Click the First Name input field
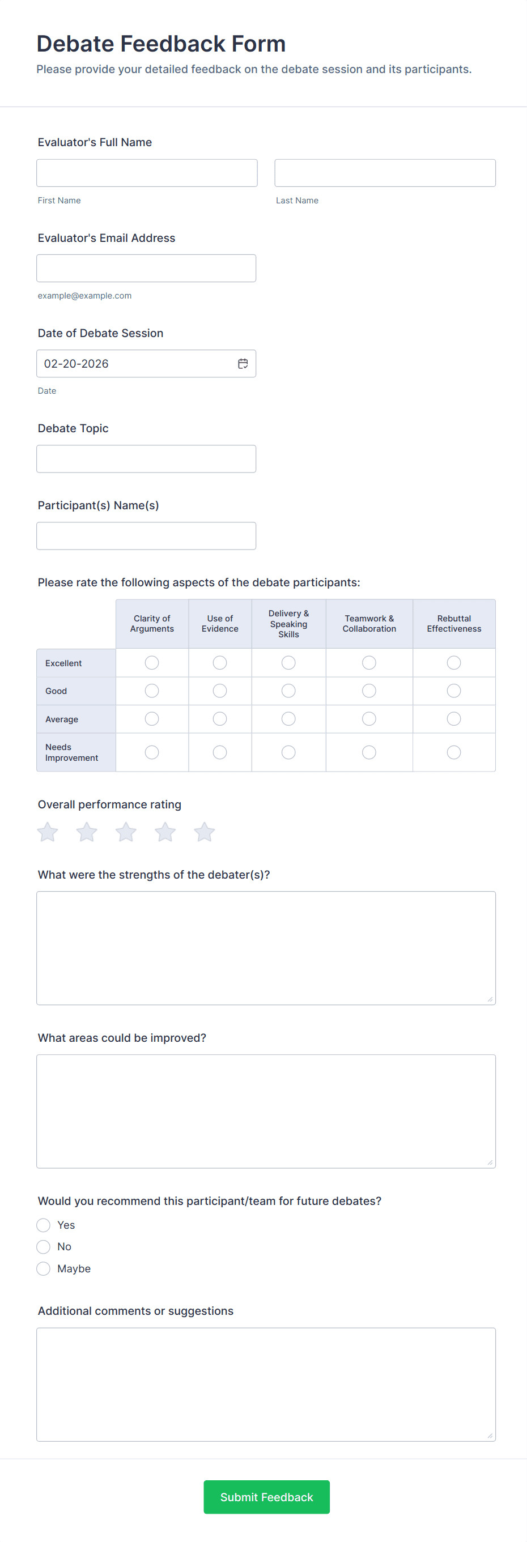[x=147, y=173]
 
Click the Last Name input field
[x=384, y=173]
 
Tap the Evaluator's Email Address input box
[x=146, y=268]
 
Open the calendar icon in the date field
[x=243, y=364]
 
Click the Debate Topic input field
[x=146, y=458]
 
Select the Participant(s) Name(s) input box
[x=146, y=536]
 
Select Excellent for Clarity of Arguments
[x=152, y=663]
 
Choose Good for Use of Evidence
[x=220, y=691]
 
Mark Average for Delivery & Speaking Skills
[x=288, y=719]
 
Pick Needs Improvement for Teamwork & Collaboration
[x=369, y=752]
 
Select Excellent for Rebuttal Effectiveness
[x=454, y=663]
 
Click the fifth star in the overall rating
[x=204, y=832]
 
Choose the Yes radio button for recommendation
[x=43, y=1225]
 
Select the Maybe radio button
[x=43, y=1268]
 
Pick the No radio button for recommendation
[x=43, y=1247]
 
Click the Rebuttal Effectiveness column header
[x=454, y=624]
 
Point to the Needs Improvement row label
[x=71, y=752]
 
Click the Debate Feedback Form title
[x=161, y=44]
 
